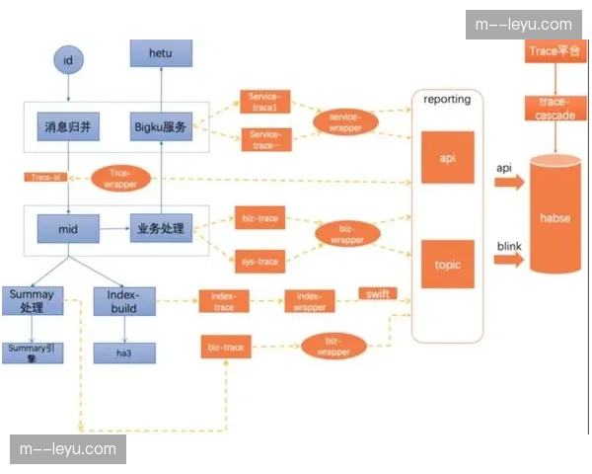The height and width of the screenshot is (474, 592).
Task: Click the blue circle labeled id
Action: (x=68, y=61)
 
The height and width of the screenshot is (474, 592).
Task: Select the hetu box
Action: (x=162, y=53)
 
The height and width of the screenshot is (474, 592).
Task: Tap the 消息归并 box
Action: (x=68, y=126)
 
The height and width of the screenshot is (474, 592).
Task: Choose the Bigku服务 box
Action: (x=161, y=126)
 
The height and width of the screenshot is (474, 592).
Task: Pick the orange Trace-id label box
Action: (x=44, y=177)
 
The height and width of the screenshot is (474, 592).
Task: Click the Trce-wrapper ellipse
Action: (x=120, y=178)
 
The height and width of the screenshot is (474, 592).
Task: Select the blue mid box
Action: (x=67, y=230)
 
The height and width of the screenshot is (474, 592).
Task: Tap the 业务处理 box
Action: (x=161, y=230)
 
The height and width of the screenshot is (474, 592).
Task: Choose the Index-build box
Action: (x=124, y=301)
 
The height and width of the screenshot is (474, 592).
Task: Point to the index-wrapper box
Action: (x=310, y=301)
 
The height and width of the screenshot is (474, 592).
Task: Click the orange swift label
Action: (x=378, y=294)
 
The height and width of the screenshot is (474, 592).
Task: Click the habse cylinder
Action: (x=556, y=214)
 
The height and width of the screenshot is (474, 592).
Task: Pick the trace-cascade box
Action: (x=555, y=108)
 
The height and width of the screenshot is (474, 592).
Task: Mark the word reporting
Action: (x=446, y=99)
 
